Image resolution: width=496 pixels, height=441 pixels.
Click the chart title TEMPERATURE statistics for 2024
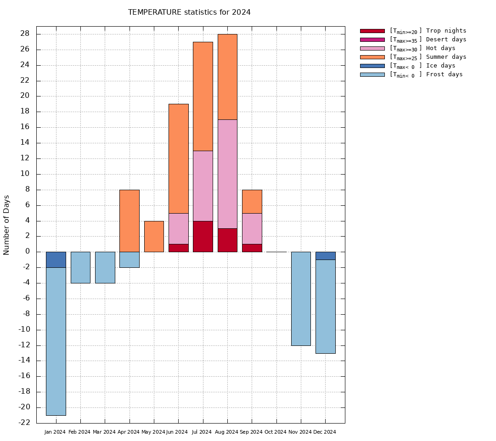(x=189, y=12)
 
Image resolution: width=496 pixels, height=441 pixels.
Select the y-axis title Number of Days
(x=6, y=225)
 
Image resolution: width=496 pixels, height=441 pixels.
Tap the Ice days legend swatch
(x=372, y=66)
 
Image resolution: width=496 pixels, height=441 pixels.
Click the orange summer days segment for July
(x=203, y=96)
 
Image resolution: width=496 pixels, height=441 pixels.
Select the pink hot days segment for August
(x=227, y=174)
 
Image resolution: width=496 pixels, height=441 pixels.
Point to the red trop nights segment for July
(x=203, y=236)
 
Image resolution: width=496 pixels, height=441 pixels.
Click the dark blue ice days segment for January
(x=56, y=260)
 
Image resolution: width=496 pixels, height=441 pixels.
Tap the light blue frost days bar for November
(x=301, y=299)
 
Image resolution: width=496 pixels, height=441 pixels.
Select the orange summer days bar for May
(x=154, y=236)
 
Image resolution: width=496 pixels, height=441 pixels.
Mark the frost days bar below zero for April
(x=130, y=260)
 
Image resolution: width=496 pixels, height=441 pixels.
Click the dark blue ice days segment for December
(x=325, y=256)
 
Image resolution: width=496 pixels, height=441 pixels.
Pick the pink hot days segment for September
(x=252, y=228)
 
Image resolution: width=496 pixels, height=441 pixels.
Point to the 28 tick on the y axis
(x=25, y=34)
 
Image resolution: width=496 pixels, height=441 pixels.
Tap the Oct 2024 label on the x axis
(x=276, y=432)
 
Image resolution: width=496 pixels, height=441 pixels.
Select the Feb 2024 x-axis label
(x=79, y=432)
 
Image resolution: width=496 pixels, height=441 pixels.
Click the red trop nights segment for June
(x=178, y=248)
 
